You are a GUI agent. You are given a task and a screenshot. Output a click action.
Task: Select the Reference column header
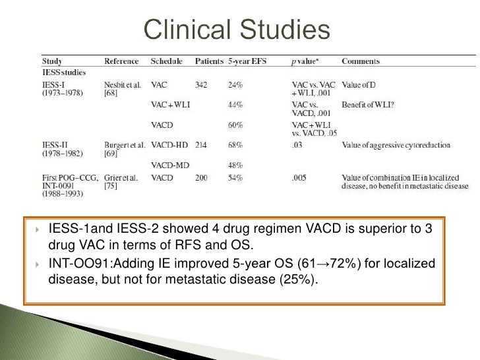tap(122, 61)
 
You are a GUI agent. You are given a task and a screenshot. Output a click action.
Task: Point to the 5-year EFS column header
tap(247, 61)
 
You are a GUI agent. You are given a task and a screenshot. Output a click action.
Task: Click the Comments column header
tap(361, 61)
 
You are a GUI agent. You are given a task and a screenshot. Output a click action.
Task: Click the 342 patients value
tap(203, 84)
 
